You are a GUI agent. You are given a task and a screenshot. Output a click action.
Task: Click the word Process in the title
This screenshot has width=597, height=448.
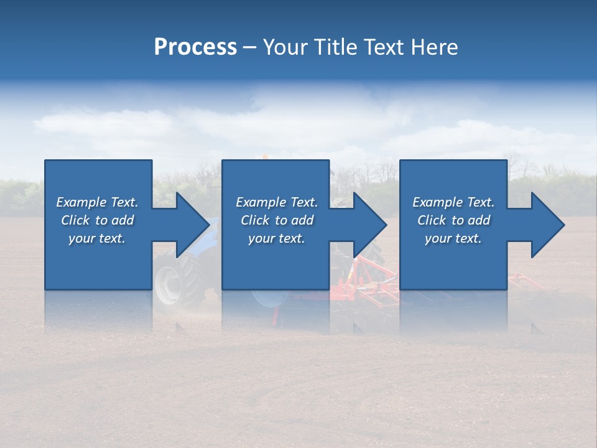click(x=195, y=47)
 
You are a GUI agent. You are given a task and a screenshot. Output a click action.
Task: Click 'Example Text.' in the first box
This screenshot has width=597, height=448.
click(x=98, y=202)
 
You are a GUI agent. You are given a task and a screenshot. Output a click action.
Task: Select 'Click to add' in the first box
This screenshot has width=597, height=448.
click(x=98, y=220)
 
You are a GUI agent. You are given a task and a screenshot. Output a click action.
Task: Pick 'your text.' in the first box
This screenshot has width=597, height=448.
click(x=98, y=238)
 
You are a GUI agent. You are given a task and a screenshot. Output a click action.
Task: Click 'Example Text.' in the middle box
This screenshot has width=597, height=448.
click(x=277, y=202)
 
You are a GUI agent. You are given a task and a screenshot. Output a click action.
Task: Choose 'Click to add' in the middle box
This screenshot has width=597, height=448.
click(x=277, y=220)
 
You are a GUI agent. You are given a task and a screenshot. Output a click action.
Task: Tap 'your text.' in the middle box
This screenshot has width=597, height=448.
click(x=277, y=238)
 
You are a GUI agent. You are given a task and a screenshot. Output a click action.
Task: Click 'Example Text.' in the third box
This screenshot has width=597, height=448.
click(x=453, y=202)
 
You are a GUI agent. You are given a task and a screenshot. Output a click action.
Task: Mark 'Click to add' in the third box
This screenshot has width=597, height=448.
click(x=453, y=220)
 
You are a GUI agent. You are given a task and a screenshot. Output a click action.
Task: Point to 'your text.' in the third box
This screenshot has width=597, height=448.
click(x=453, y=238)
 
